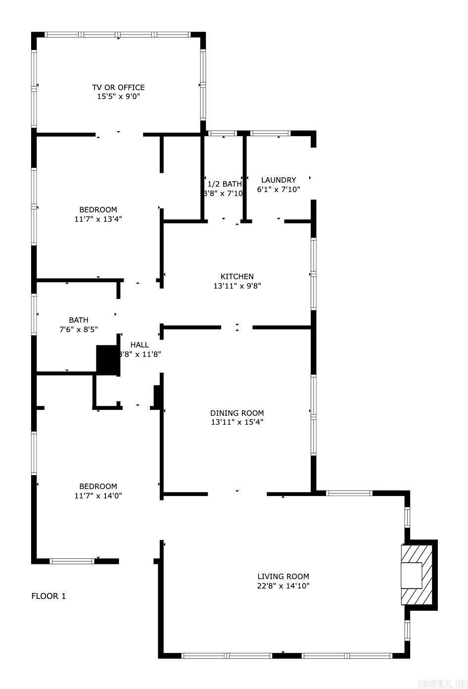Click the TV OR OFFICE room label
pyautogui.click(x=118, y=88)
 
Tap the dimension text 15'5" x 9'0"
pyautogui.click(x=118, y=97)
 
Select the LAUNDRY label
pyautogui.click(x=279, y=180)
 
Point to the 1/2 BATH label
pyautogui.click(x=224, y=184)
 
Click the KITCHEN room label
pyautogui.click(x=237, y=277)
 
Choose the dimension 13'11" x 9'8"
pyautogui.click(x=237, y=286)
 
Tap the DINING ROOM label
pyautogui.click(x=237, y=413)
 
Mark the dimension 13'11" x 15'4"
pyautogui.click(x=237, y=422)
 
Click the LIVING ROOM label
pyautogui.click(x=283, y=577)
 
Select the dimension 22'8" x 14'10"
pyautogui.click(x=283, y=586)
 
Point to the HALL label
pyautogui.click(x=140, y=345)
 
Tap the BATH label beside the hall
pyautogui.click(x=79, y=320)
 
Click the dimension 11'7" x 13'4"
pyautogui.click(x=98, y=219)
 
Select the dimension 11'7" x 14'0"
pyautogui.click(x=98, y=495)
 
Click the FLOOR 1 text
pyautogui.click(x=48, y=596)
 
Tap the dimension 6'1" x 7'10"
pyautogui.click(x=279, y=189)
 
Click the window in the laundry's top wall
pyautogui.click(x=271, y=133)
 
